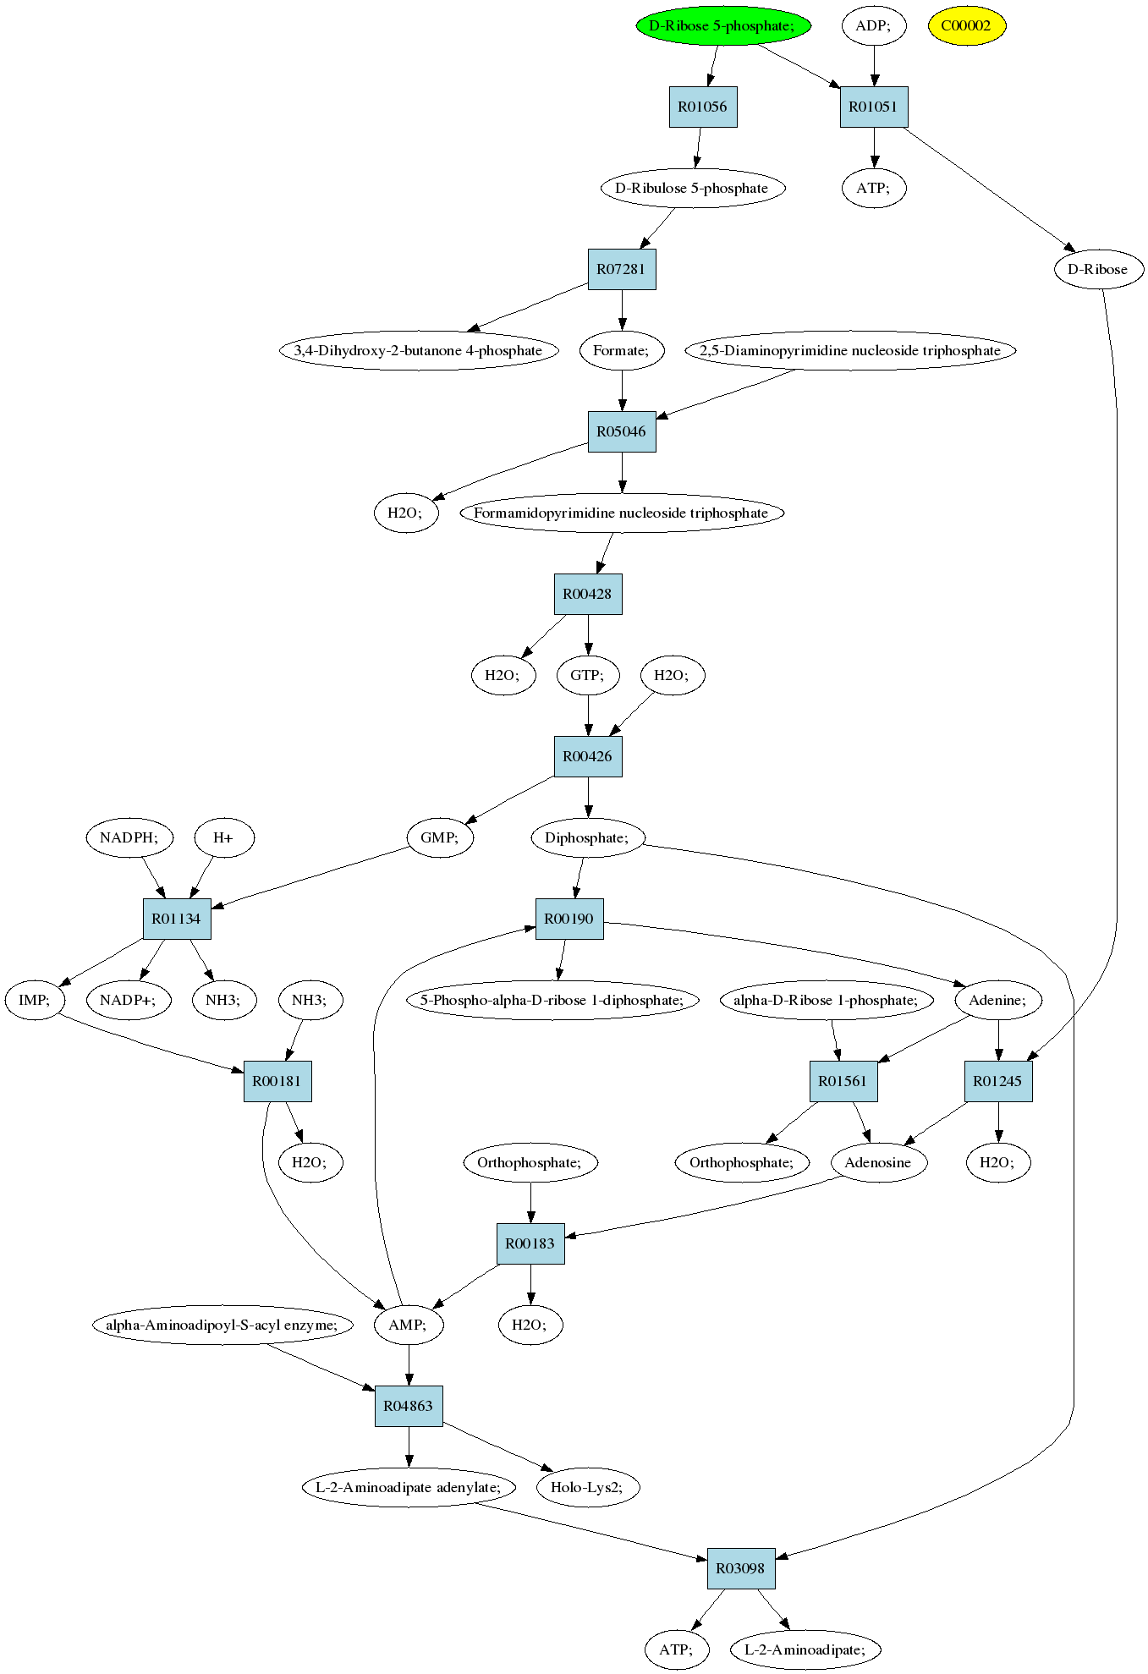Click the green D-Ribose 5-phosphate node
[723, 25]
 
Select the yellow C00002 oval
[966, 25]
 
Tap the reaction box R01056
[703, 107]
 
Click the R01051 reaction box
[874, 107]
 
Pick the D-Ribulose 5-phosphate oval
[692, 188]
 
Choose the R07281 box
[622, 269]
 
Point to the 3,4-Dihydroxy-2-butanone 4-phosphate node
[419, 350]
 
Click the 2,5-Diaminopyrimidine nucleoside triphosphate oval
[850, 350]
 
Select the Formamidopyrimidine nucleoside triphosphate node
[622, 513]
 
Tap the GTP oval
[588, 675]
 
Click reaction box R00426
[588, 756]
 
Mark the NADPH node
[129, 837]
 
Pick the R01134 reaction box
[177, 919]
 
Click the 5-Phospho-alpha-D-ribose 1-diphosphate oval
[553, 1000]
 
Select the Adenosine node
[879, 1162]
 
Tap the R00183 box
[530, 1243]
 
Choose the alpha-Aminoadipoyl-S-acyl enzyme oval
[222, 1325]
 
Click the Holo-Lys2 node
[588, 1487]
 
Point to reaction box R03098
[741, 1568]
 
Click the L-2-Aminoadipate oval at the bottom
[806, 1649]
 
